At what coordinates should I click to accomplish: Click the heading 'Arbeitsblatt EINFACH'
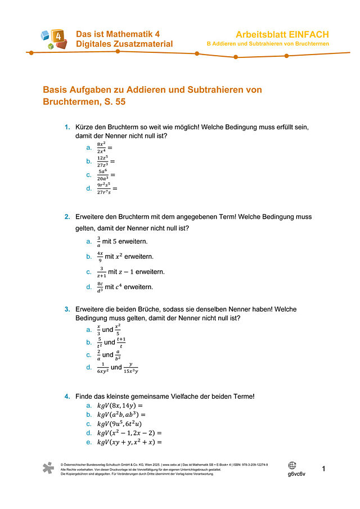pos(282,34)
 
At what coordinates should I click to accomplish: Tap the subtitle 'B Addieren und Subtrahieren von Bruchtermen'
pos(268,44)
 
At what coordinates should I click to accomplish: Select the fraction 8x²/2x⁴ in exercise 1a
pos(102,147)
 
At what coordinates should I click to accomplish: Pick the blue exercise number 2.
pos(67,217)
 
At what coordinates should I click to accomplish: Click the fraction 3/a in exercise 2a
pos(99,241)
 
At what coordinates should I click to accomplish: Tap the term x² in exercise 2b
pos(119,256)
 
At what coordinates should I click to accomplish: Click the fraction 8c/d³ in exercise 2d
pos(100,287)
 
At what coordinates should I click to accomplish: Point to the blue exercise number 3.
pos(67,309)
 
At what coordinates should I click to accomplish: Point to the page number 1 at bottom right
pos(324,469)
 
